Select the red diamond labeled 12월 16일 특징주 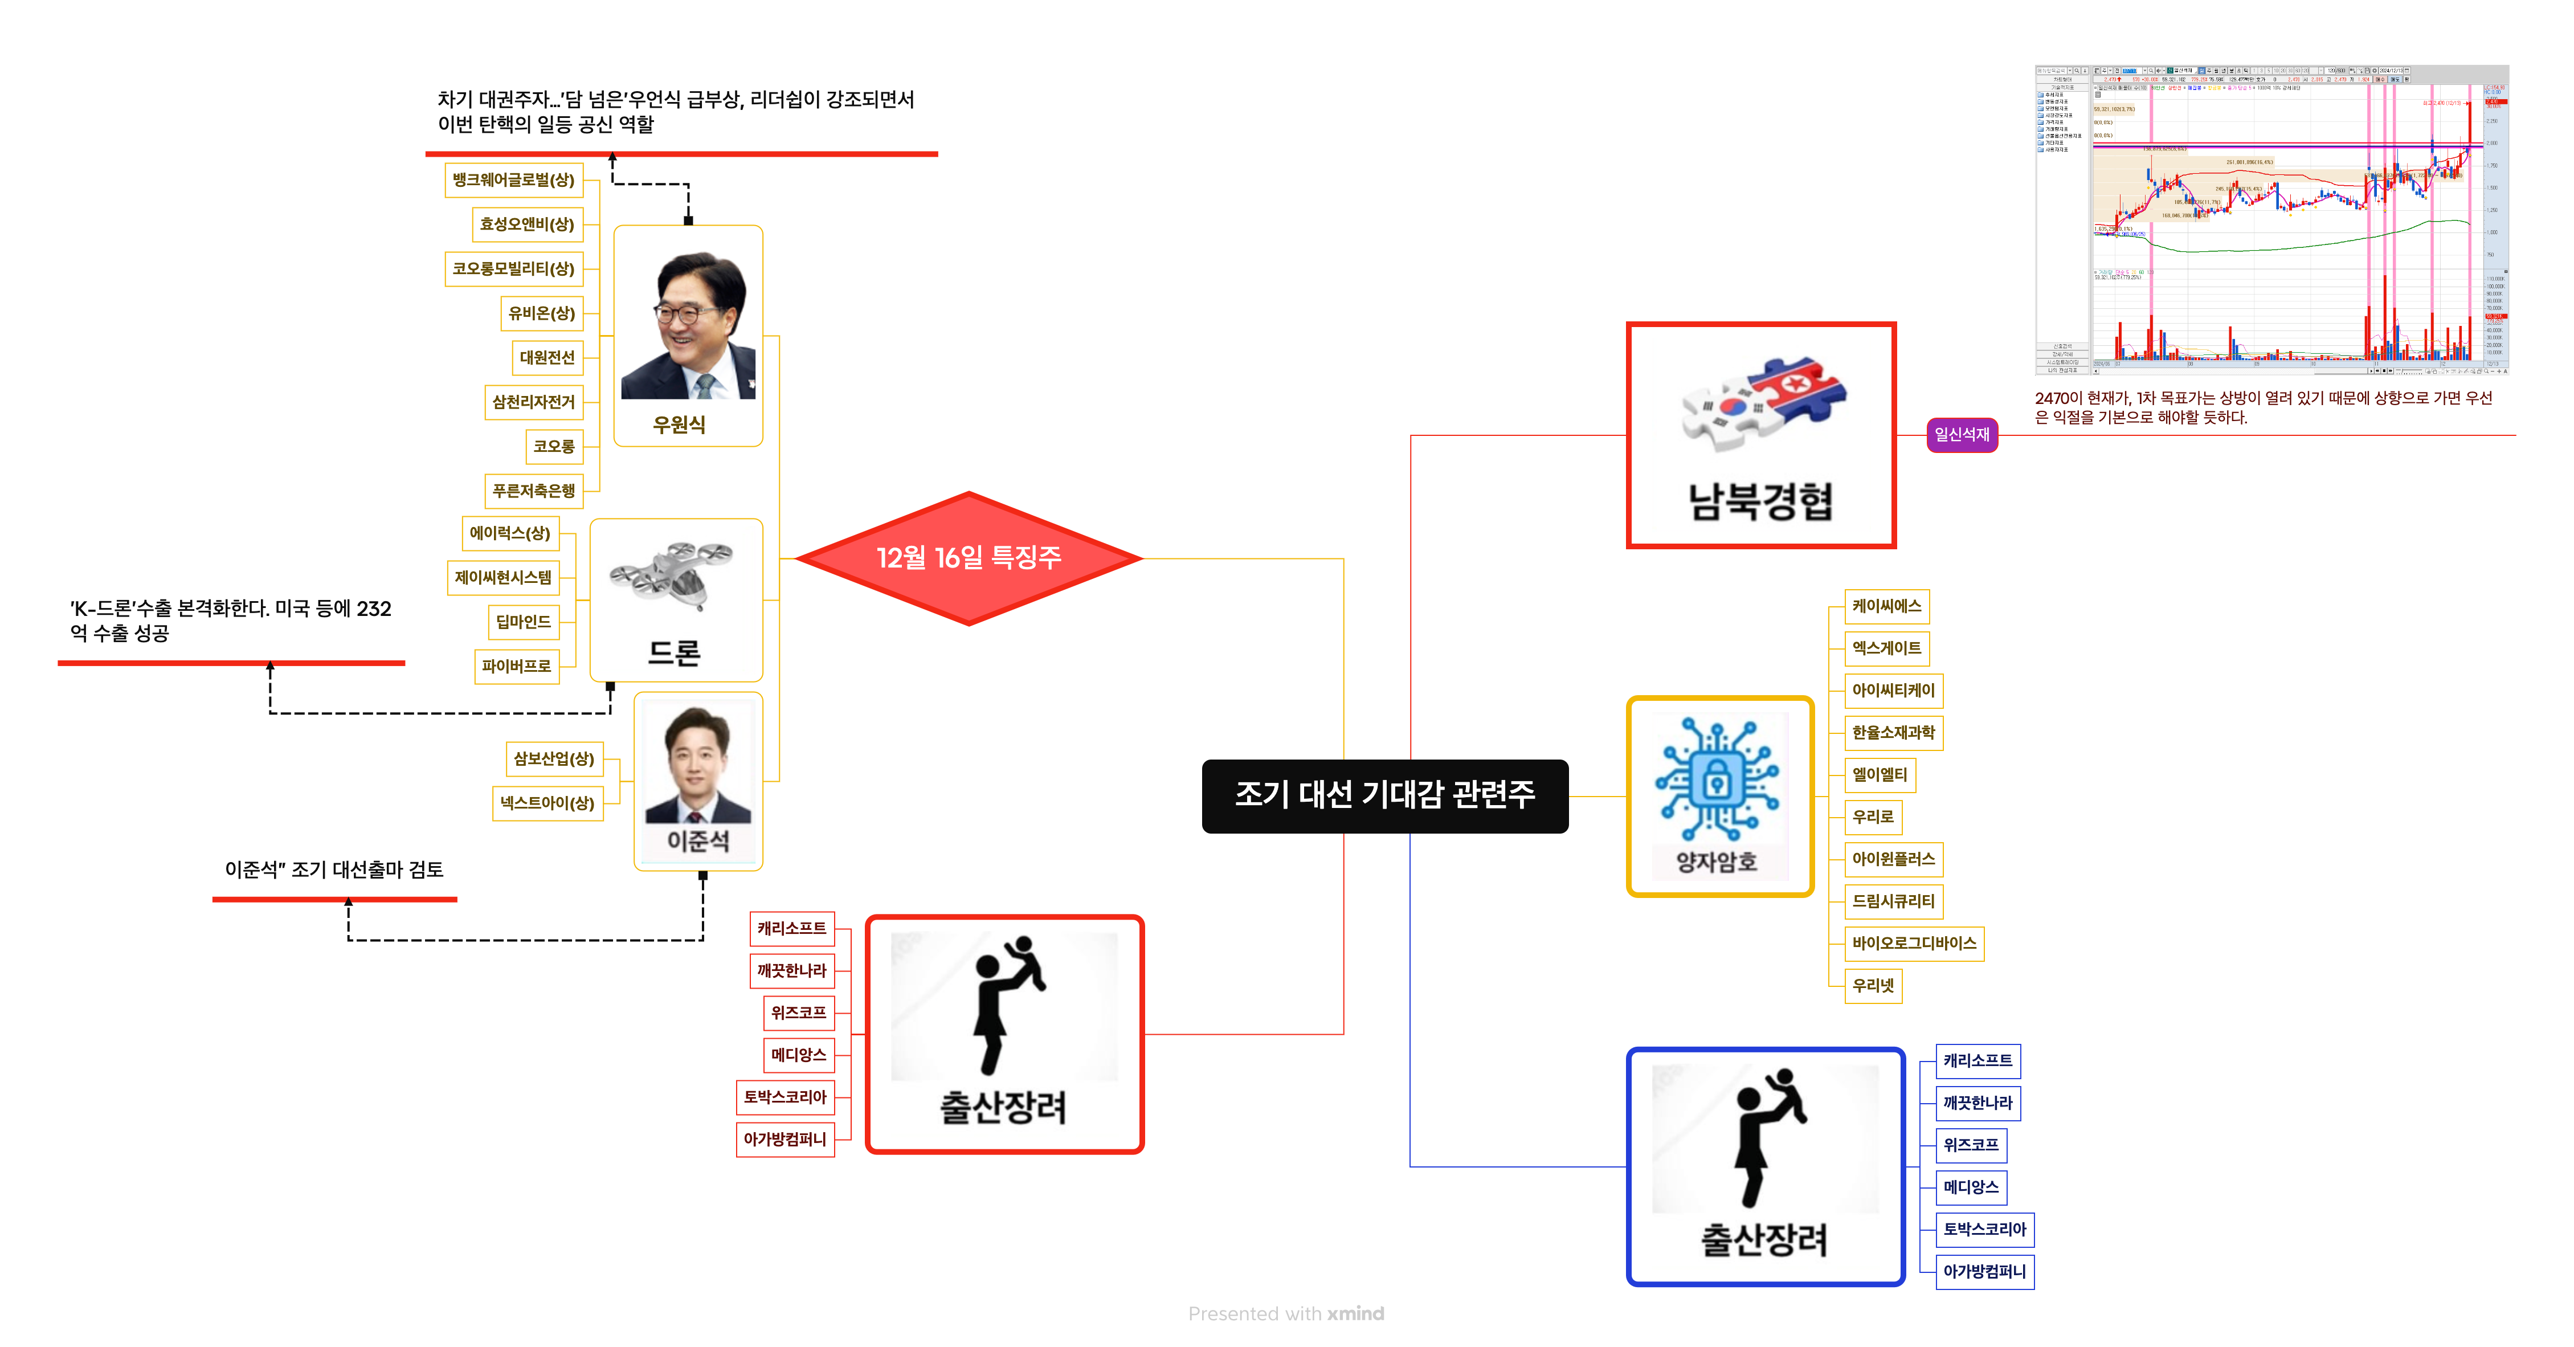[969, 558]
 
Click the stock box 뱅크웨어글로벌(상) [513, 180]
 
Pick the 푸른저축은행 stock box [534, 491]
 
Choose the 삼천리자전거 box [534, 402]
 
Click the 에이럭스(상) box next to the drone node [509, 533]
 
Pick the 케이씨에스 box [1886, 606]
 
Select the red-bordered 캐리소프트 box [791, 928]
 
